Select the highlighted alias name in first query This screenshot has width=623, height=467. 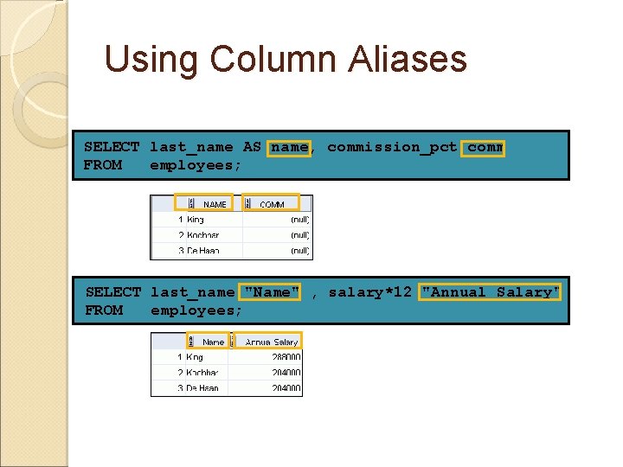(x=289, y=148)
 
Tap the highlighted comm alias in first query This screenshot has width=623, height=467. (x=485, y=148)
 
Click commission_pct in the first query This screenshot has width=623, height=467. (x=392, y=148)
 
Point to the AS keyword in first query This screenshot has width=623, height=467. (x=252, y=148)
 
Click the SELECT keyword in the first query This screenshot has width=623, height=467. (x=112, y=148)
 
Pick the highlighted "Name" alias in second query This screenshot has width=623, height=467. (x=272, y=292)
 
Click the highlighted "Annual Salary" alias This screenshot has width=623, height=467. (x=490, y=292)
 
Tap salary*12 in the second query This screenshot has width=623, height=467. (x=369, y=292)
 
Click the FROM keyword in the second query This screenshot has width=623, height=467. (x=104, y=310)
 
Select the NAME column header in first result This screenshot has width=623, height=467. (x=215, y=205)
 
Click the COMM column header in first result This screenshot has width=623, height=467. (x=272, y=205)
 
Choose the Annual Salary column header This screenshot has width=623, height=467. (x=272, y=342)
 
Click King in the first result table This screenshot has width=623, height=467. (x=196, y=220)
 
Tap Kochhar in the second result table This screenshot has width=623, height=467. (x=202, y=373)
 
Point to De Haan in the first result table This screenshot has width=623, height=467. (x=202, y=251)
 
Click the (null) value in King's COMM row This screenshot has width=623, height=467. (x=299, y=220)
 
